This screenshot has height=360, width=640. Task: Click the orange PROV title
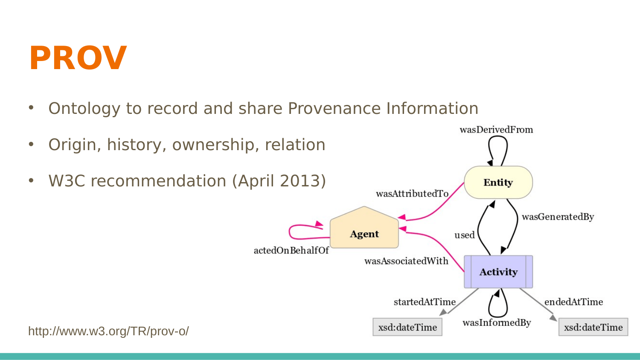(x=78, y=58)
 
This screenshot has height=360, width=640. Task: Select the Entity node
(x=498, y=182)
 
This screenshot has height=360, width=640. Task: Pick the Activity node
(x=498, y=272)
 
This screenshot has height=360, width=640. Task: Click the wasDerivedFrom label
(x=496, y=130)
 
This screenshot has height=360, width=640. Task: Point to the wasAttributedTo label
(x=412, y=194)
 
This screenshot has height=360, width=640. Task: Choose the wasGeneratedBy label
(x=558, y=217)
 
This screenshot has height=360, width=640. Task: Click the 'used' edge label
(x=465, y=235)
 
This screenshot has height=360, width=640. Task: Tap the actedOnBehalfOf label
(x=291, y=250)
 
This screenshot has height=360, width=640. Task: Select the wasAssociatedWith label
(x=406, y=261)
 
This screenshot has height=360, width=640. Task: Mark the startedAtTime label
(x=425, y=302)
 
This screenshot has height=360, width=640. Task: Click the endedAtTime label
(x=574, y=302)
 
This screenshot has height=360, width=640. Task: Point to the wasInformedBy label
(x=497, y=323)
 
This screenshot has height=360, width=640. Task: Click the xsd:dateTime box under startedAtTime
(x=407, y=327)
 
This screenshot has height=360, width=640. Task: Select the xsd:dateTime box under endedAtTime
(x=593, y=327)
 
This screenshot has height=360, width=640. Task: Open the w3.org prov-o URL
(x=108, y=331)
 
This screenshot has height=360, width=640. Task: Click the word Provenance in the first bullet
(x=334, y=109)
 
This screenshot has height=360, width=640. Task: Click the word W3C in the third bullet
(x=67, y=181)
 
